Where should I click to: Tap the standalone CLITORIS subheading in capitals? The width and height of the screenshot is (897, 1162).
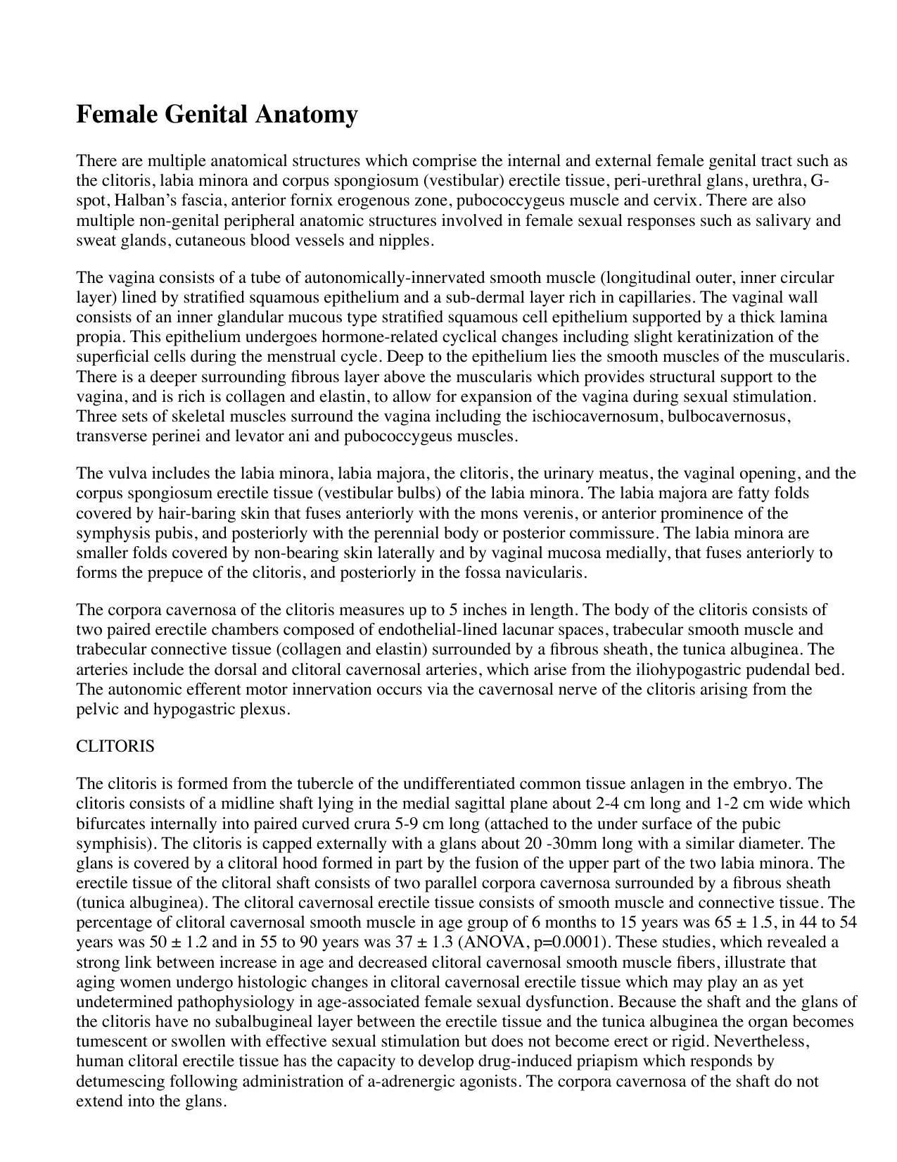(115, 746)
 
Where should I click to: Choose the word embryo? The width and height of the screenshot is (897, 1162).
(763, 784)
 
